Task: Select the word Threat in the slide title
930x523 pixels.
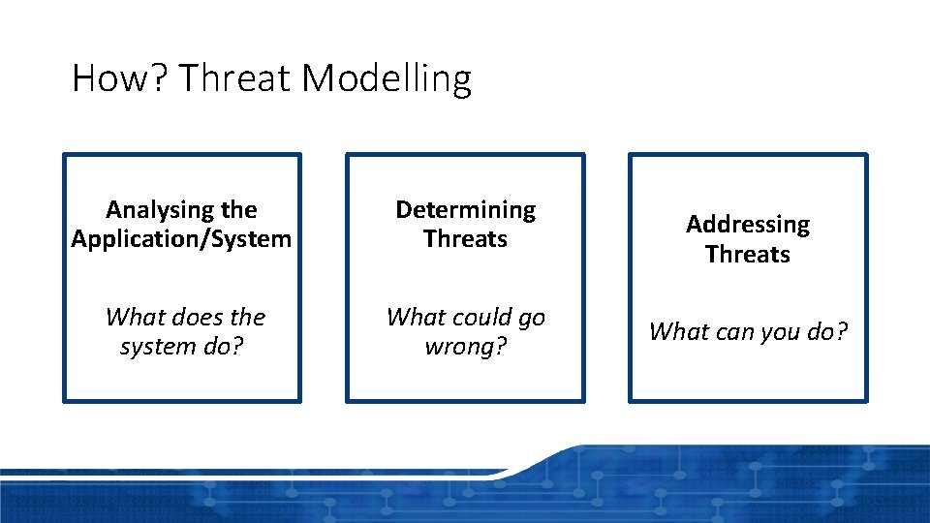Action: (x=234, y=78)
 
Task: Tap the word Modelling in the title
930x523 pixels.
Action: (x=387, y=78)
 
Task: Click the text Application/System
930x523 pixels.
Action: (x=181, y=239)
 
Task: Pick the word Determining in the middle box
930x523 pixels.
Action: (x=465, y=210)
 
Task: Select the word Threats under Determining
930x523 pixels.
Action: (x=465, y=239)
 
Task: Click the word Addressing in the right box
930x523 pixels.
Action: (x=748, y=225)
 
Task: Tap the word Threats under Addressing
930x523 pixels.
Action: (x=748, y=255)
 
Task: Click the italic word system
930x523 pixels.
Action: (x=153, y=347)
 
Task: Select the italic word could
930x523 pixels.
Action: (x=478, y=318)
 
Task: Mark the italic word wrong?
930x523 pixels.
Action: (x=465, y=347)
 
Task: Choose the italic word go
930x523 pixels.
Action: (x=531, y=318)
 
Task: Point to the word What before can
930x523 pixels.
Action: (x=678, y=332)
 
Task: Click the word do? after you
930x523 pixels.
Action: (x=828, y=332)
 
